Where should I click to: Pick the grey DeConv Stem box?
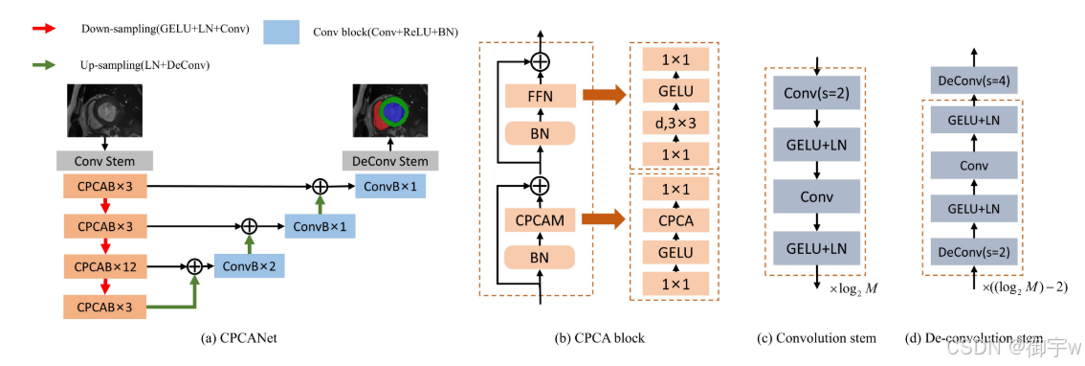tap(390, 161)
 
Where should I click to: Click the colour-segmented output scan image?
tap(389, 110)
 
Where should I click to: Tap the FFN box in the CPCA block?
tap(539, 95)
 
